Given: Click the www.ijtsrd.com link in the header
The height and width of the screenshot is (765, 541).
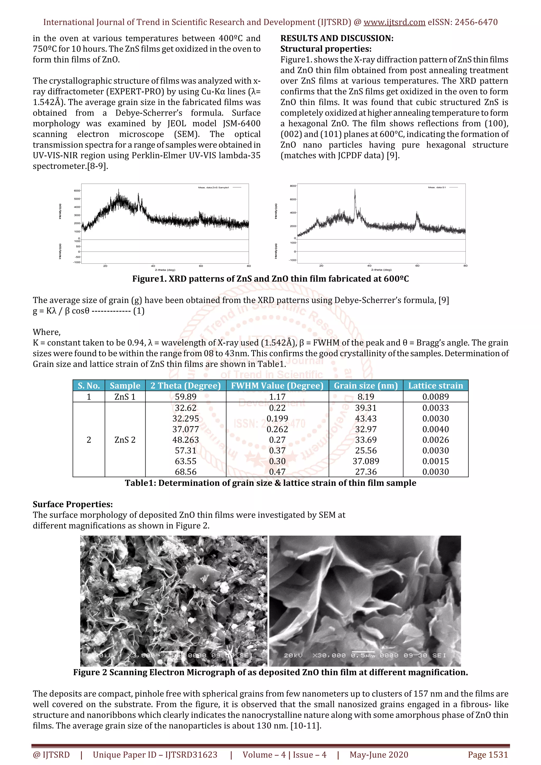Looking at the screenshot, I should pyautogui.click(x=394, y=22).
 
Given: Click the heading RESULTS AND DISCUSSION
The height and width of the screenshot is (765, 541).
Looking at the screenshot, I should pyautogui.click(x=337, y=38).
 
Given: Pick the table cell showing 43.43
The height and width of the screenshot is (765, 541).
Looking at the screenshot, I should pyautogui.click(x=366, y=418).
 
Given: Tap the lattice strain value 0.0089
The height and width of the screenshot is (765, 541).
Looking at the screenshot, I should pyautogui.click(x=435, y=396).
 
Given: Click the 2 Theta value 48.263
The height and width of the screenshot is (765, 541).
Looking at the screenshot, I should pyautogui.click(x=185, y=440).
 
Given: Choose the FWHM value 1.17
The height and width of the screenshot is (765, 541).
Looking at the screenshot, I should pyautogui.click(x=277, y=396).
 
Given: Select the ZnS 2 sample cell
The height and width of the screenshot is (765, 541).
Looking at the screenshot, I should pyautogui.click(x=125, y=440).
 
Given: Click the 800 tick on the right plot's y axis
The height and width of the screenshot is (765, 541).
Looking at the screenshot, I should pyautogui.click(x=292, y=186).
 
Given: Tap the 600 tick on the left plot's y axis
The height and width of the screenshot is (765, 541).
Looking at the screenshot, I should pyautogui.click(x=77, y=191).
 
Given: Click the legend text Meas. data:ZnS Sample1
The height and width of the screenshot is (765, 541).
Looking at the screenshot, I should pyautogui.click(x=213, y=188).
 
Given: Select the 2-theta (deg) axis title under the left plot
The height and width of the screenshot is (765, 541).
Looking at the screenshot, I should pyautogui.click(x=165, y=270).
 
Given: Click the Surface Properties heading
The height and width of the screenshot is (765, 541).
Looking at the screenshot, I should pyautogui.click(x=73, y=504).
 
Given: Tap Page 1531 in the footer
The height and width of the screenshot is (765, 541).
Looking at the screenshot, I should pyautogui.click(x=488, y=755).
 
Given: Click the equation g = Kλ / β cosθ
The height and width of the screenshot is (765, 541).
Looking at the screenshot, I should pyautogui.click(x=61, y=311).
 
